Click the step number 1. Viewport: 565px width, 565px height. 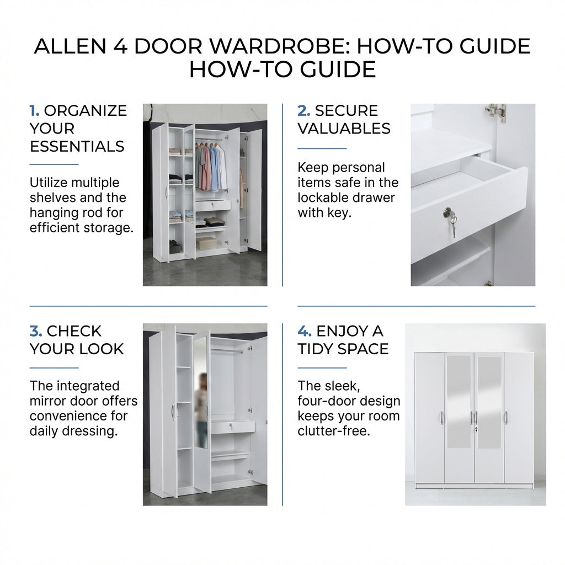(34, 111)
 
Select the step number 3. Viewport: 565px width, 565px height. (35, 331)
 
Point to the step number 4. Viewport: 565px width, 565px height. (304, 331)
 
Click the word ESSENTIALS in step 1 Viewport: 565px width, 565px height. (77, 147)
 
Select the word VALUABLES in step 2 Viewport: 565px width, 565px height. (344, 129)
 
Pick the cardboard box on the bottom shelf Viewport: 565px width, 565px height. (206, 243)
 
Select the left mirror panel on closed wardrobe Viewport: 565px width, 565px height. (459, 402)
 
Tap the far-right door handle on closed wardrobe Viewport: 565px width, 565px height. (506, 418)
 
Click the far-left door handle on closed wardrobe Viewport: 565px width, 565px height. (441, 418)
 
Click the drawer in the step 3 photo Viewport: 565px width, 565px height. (232, 427)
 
